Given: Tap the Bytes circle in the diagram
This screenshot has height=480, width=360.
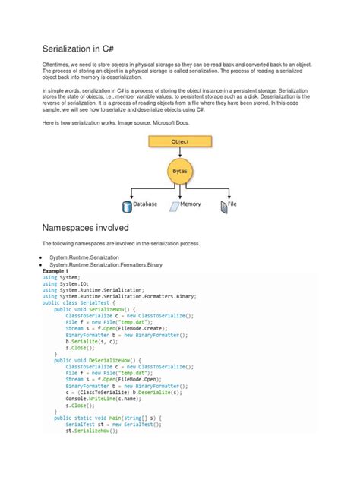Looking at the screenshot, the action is pyautogui.click(x=179, y=172).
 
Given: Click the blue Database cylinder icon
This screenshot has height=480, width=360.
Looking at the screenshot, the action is pyautogui.click(x=127, y=205).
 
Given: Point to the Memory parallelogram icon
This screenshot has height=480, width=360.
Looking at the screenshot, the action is pyautogui.click(x=174, y=205).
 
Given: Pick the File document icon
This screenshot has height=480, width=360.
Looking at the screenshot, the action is pyautogui.click(x=224, y=205).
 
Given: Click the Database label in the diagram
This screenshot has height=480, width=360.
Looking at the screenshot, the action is pyautogui.click(x=145, y=205).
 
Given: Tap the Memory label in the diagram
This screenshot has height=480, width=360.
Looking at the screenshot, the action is pyautogui.click(x=191, y=205).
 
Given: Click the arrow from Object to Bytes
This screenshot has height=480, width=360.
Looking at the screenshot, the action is pyautogui.click(x=179, y=153).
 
